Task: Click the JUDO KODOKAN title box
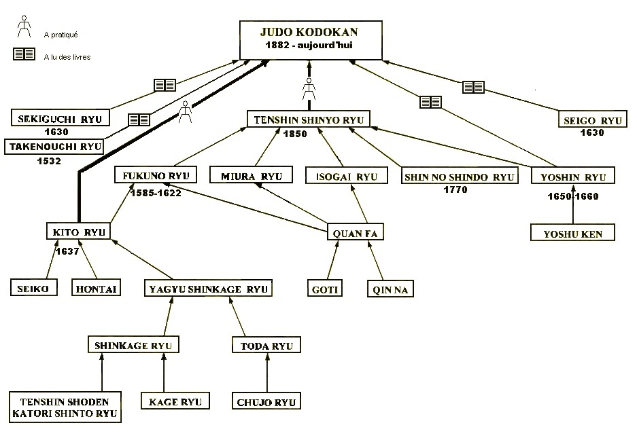pos(311,39)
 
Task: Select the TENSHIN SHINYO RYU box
pos(309,120)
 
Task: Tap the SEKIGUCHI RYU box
pos(61,119)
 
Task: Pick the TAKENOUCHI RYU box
pos(54,146)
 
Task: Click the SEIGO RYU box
pos(593,121)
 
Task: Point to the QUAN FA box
pos(356,233)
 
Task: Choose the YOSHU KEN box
pos(573,234)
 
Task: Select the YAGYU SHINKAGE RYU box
pos(208,289)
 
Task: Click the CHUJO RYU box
pos(266,401)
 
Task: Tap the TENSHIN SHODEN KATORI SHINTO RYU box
pos(65,407)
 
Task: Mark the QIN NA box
pos(390,289)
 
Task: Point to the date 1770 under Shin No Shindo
pos(455,190)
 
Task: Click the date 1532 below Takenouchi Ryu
pos(50,162)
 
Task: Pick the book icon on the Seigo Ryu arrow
pos(473,87)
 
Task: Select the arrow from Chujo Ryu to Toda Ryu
pos(266,373)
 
